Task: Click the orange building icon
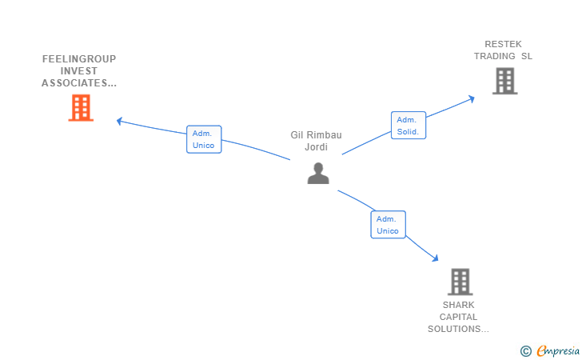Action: [x=81, y=108]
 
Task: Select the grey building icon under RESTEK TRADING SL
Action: [x=504, y=81]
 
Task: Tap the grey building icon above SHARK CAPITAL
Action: [x=460, y=282]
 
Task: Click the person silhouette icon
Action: [x=318, y=173]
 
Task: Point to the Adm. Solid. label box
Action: [x=409, y=126]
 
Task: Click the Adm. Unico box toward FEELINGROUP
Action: [x=204, y=139]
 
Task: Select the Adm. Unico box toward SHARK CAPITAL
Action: [x=388, y=225]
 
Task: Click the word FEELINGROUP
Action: [x=79, y=58]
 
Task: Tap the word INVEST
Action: [x=79, y=71]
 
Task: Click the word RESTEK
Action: [x=503, y=44]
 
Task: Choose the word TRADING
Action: [x=494, y=56]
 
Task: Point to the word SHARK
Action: [x=458, y=305]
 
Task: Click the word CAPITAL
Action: [x=458, y=317]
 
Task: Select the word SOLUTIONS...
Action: [x=454, y=329]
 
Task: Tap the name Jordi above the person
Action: [x=317, y=147]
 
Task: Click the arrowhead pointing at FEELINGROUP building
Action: [x=119, y=121]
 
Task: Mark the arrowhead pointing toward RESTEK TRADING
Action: [x=472, y=99]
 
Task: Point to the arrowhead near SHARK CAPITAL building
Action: [x=436, y=258]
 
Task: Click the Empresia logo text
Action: [x=558, y=351]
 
